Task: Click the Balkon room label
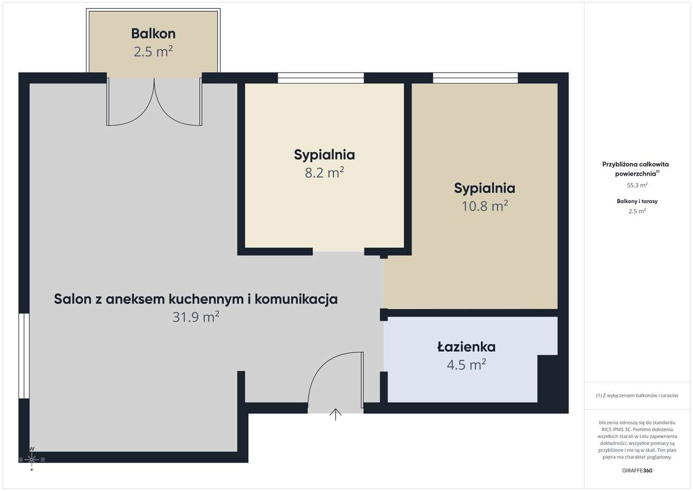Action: [153, 34]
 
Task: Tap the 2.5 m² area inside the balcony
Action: [153, 51]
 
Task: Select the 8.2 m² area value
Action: [324, 172]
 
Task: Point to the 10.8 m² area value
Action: [485, 206]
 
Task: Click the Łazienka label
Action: [466, 347]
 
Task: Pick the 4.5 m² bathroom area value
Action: [466, 365]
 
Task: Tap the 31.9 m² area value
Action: [196, 317]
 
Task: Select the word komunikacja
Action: [296, 299]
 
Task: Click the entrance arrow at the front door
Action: [335, 415]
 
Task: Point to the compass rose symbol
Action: [31, 460]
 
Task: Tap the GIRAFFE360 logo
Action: [637, 470]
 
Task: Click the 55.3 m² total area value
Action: [637, 185]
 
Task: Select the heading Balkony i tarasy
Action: [637, 201]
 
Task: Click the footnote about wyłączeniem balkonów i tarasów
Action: [637, 395]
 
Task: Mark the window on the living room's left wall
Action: [24, 356]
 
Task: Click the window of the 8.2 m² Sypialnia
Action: [321, 77]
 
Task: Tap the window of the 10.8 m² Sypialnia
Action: [475, 77]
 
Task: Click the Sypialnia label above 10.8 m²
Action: [485, 188]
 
